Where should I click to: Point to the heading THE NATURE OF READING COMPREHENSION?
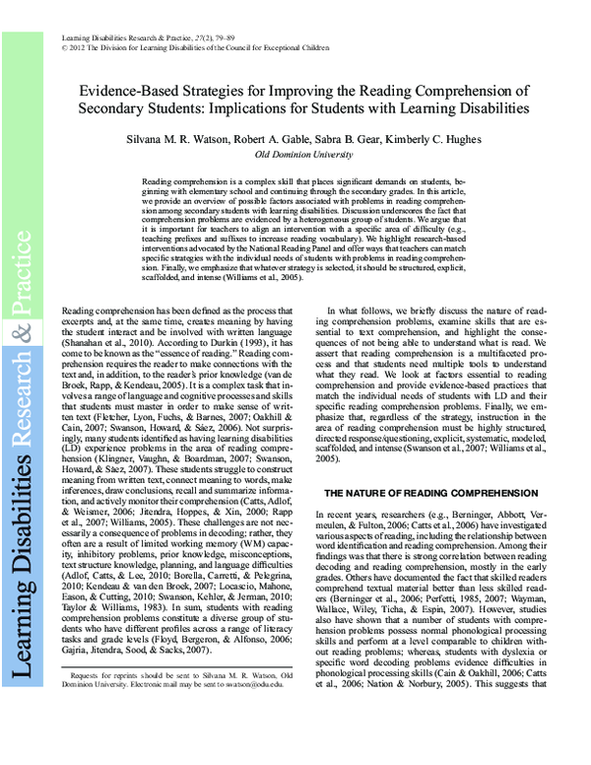tap(418, 492)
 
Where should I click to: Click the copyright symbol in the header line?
tap(64, 45)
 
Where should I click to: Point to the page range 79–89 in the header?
tap(225, 35)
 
